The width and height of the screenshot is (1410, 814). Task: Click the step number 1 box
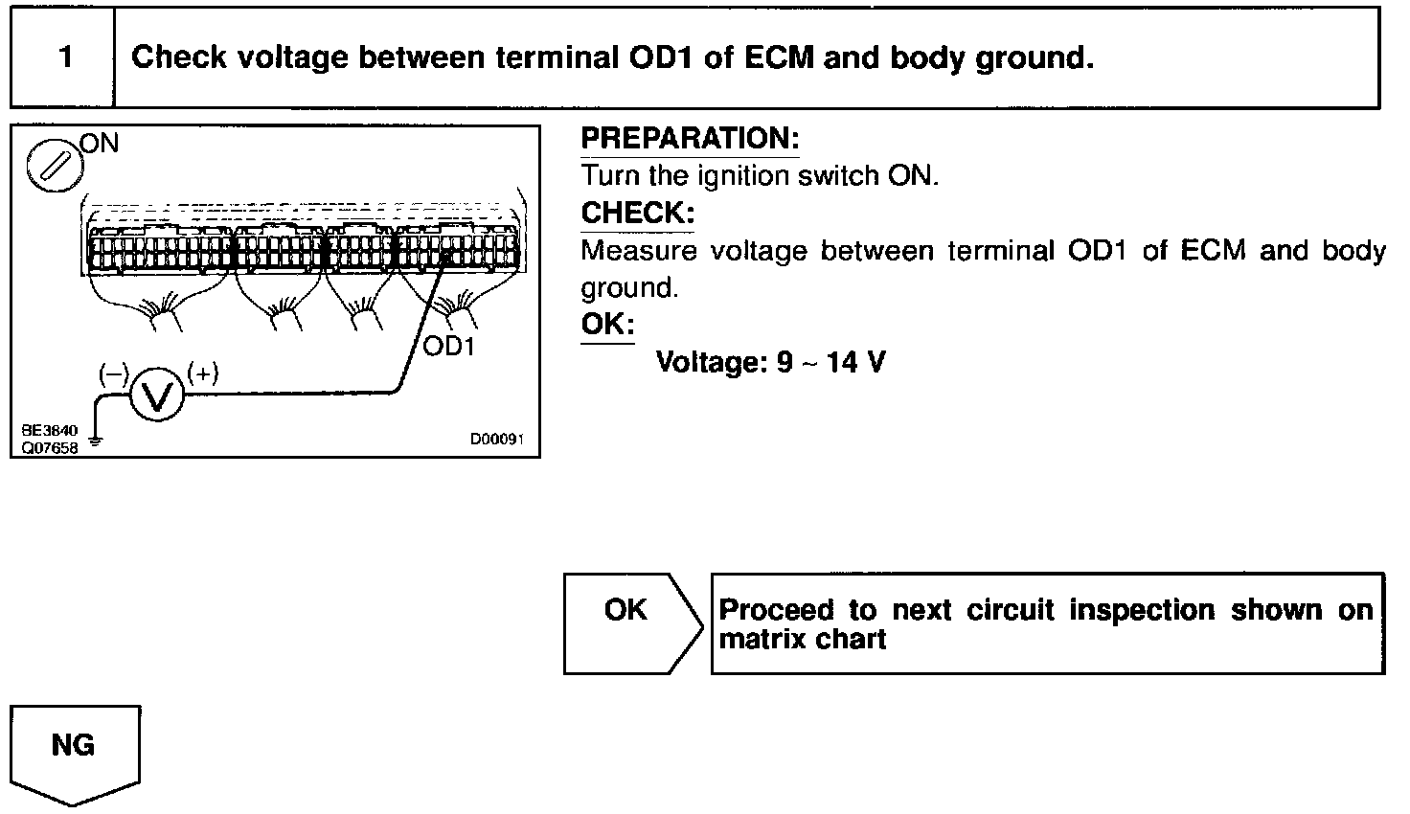(x=64, y=57)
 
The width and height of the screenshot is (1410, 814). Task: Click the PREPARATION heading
(x=690, y=139)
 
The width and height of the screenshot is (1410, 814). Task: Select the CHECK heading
(x=638, y=213)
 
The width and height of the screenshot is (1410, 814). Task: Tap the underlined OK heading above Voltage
(x=607, y=324)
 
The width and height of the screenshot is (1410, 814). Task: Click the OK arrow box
(x=627, y=623)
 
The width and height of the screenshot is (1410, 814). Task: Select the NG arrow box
(x=74, y=751)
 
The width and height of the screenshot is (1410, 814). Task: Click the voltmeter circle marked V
(x=155, y=395)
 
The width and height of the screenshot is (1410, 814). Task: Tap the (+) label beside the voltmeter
(x=202, y=373)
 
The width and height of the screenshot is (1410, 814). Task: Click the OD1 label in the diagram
(x=448, y=346)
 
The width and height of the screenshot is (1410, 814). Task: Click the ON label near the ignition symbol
(x=100, y=144)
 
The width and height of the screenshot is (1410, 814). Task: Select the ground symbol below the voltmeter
(x=94, y=443)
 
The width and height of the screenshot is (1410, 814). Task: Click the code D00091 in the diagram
(x=496, y=440)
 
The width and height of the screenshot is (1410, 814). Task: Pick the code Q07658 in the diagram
(x=47, y=446)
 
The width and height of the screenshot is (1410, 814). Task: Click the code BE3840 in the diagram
(x=47, y=431)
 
